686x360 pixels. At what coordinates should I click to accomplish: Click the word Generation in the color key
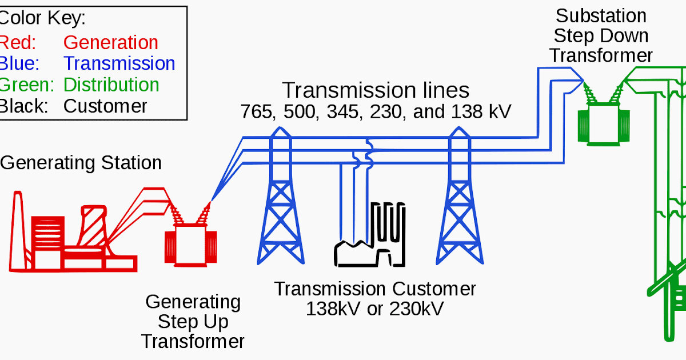(x=110, y=43)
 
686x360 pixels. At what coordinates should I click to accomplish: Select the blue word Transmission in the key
(x=119, y=63)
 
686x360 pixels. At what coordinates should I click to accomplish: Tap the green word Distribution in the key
(x=111, y=85)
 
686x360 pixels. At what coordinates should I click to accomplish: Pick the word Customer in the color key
(x=105, y=106)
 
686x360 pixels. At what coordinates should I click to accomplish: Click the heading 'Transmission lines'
(x=376, y=91)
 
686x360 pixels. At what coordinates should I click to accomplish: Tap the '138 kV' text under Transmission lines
(x=480, y=112)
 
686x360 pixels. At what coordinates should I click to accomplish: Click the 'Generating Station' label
(x=81, y=163)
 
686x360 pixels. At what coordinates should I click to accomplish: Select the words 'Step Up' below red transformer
(x=193, y=322)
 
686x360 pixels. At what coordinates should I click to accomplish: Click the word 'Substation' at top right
(x=601, y=15)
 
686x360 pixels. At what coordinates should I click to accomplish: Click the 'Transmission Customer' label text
(x=374, y=289)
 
